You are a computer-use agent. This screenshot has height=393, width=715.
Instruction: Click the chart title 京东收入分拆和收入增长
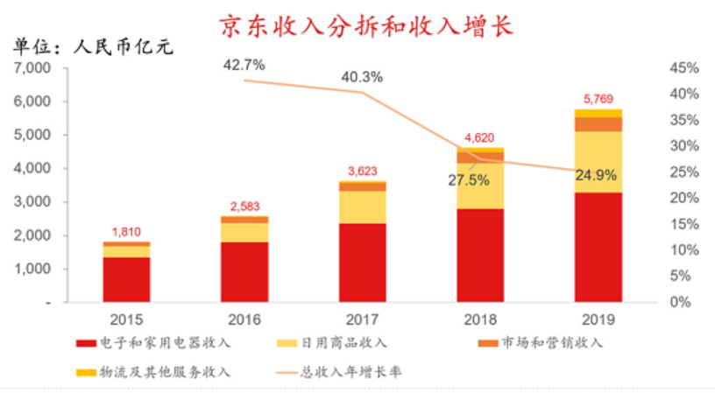(366, 25)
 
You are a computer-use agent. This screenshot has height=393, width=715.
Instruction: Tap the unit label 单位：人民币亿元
(93, 46)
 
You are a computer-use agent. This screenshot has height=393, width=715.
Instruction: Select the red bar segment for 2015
(126, 279)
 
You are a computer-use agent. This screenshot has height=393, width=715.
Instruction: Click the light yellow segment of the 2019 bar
(598, 162)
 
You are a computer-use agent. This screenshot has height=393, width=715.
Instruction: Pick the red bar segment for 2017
(363, 263)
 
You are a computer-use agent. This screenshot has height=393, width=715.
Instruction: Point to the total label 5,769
(598, 99)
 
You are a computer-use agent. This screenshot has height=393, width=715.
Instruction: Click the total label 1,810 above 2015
(126, 232)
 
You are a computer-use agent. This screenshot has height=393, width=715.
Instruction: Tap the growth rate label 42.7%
(244, 65)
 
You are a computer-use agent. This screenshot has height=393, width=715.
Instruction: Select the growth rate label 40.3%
(362, 77)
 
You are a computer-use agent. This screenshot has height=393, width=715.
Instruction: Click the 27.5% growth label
(469, 180)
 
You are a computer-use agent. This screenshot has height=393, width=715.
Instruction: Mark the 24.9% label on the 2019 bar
(596, 175)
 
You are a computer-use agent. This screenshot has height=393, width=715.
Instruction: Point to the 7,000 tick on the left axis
(32, 68)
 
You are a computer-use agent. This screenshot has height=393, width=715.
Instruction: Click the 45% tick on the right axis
(684, 68)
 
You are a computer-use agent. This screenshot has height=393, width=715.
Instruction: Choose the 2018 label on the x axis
(480, 319)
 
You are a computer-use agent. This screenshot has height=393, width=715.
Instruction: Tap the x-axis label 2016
(244, 319)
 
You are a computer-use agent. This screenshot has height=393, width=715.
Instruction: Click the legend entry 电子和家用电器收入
(153, 343)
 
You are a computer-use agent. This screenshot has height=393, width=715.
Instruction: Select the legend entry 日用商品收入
(332, 343)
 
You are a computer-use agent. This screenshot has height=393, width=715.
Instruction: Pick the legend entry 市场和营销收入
(541, 343)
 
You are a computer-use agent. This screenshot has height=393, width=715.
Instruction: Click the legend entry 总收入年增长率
(339, 373)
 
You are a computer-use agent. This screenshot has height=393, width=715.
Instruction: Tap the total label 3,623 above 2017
(363, 172)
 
